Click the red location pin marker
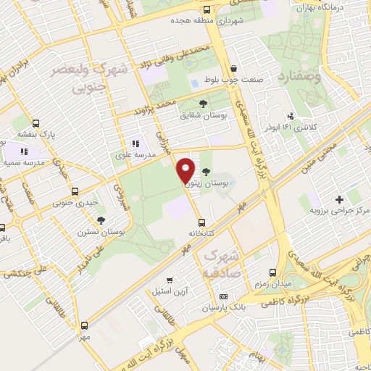coord(186,170)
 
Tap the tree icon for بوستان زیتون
coord(207,172)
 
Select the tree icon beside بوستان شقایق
coord(212,105)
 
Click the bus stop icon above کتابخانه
coord(202,222)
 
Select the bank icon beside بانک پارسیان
coord(223,297)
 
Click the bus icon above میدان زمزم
coord(272,273)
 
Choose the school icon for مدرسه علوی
coord(135,143)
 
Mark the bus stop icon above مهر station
coord(85,325)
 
